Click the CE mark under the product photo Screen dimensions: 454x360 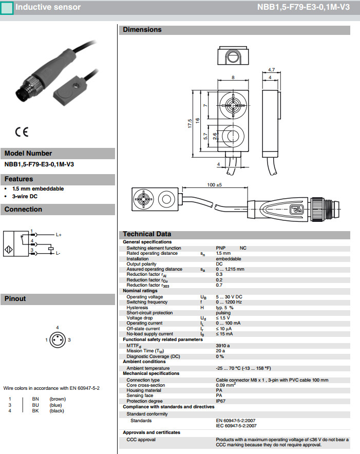(x=22, y=131)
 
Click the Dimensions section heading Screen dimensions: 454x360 (x=142, y=30)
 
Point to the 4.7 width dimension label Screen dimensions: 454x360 (x=272, y=69)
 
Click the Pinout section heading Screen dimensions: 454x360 (x=15, y=298)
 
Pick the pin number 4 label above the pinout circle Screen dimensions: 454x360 (x=58, y=327)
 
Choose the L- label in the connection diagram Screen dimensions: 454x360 (x=58, y=253)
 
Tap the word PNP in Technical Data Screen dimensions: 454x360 (x=221, y=248)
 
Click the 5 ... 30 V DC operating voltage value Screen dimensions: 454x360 (x=229, y=297)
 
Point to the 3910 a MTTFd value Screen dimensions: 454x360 (x=223, y=346)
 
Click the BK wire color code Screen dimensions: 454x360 (x=35, y=410)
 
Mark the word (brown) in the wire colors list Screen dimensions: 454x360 (x=57, y=399)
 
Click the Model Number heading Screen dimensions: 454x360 (x=28, y=153)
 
